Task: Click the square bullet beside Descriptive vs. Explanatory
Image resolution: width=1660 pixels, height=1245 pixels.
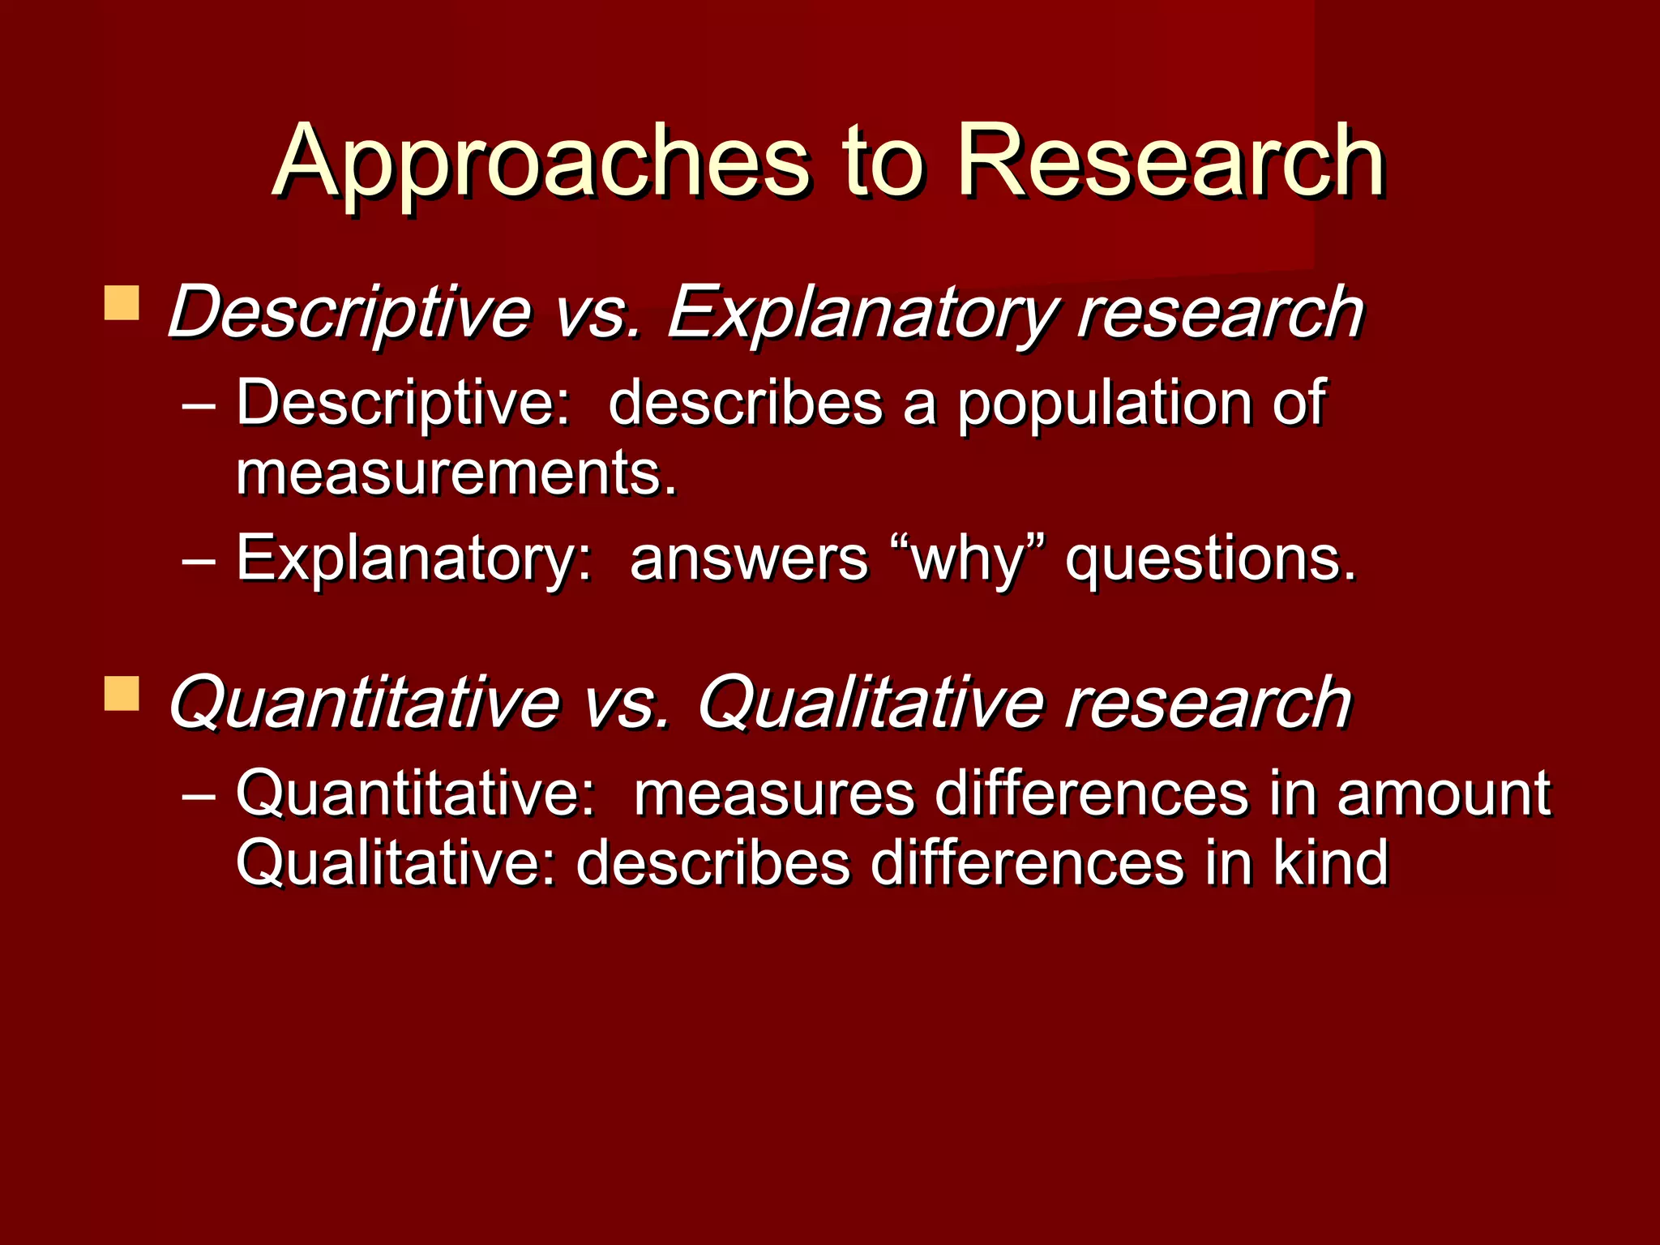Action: (122, 303)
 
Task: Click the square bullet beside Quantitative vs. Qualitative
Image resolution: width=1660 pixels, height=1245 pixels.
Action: (122, 694)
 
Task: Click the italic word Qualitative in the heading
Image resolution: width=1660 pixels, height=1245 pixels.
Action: (871, 704)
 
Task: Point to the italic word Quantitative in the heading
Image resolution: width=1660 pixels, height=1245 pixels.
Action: (364, 704)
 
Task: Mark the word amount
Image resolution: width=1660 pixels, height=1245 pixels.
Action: (1444, 794)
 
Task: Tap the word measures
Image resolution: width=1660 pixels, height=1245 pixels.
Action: (774, 794)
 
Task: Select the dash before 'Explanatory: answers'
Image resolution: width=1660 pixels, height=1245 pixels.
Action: (199, 560)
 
